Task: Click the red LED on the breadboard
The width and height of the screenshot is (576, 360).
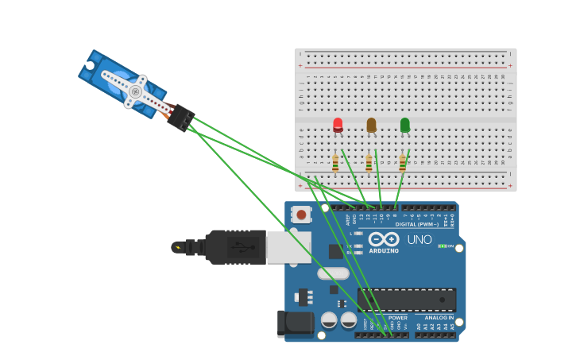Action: click(x=338, y=124)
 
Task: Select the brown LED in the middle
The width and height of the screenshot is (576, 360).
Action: click(x=371, y=124)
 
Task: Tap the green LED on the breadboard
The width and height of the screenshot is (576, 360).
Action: click(x=405, y=124)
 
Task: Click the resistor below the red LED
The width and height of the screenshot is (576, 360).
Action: click(x=335, y=163)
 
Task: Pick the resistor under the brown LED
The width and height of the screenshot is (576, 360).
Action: click(x=369, y=163)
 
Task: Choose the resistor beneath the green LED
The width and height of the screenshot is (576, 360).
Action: click(x=402, y=163)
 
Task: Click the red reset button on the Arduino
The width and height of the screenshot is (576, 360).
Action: click(x=301, y=215)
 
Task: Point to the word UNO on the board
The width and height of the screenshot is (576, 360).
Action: click(x=419, y=240)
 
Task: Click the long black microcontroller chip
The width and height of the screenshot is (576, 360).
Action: click(x=406, y=300)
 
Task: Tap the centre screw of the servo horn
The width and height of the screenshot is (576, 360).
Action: click(x=135, y=92)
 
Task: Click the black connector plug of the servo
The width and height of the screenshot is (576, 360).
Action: click(x=182, y=118)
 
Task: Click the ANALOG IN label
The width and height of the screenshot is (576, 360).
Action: click(x=439, y=318)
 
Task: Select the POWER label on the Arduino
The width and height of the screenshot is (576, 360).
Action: click(x=397, y=318)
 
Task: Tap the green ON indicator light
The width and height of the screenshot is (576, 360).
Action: click(x=443, y=246)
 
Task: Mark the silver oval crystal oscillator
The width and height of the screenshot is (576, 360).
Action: click(x=333, y=273)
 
